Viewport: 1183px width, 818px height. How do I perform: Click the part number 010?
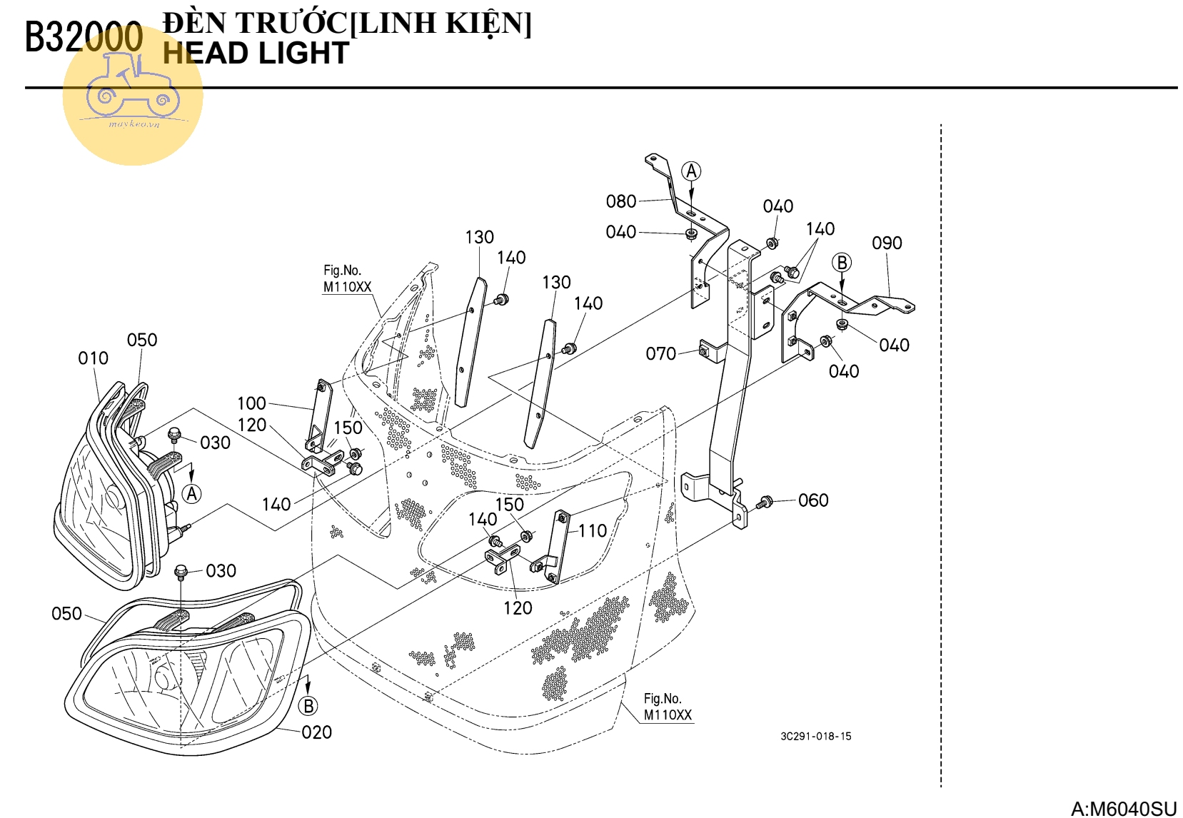93,358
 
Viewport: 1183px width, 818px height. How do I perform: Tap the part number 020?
316,732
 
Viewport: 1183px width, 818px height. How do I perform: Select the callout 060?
813,500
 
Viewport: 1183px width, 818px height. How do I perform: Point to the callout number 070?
660,354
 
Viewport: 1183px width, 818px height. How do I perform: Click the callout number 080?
620,201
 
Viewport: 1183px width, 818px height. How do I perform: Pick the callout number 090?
887,243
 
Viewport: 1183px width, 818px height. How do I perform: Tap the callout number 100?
251,403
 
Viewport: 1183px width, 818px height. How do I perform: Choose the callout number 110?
593,531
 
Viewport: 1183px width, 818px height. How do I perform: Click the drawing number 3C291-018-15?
815,736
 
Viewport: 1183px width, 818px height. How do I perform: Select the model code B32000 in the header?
84,37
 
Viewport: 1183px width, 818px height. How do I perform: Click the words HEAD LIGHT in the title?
256,54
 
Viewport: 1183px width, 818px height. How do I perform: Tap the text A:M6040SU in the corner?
1123,808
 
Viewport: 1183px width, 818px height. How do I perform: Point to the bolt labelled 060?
765,502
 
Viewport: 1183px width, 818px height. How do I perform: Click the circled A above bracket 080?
691,171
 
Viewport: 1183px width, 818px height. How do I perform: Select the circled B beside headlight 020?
308,706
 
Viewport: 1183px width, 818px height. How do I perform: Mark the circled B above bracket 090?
842,263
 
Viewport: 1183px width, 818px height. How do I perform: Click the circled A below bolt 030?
192,494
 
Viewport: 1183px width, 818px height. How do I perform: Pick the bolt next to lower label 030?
181,571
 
